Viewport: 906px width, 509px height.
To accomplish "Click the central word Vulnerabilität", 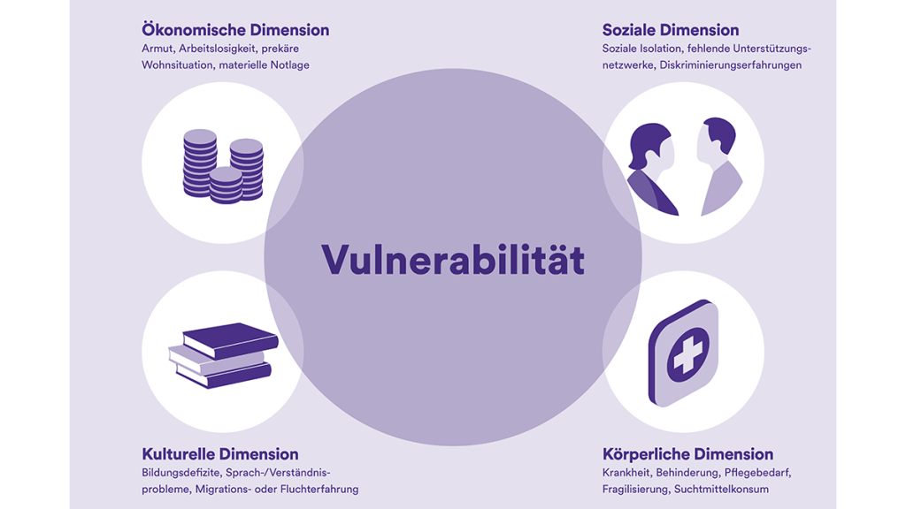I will (452, 259).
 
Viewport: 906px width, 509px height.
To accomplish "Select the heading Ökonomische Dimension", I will (235, 30).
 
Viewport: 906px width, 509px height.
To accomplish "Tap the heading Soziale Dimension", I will (671, 30).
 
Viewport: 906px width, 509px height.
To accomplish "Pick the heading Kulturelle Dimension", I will (220, 454).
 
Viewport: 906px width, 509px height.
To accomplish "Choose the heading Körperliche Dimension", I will (687, 454).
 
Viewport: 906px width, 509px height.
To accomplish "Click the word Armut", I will (157, 49).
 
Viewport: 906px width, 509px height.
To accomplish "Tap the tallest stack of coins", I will (200, 163).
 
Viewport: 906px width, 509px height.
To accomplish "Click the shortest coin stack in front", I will (226, 186).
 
